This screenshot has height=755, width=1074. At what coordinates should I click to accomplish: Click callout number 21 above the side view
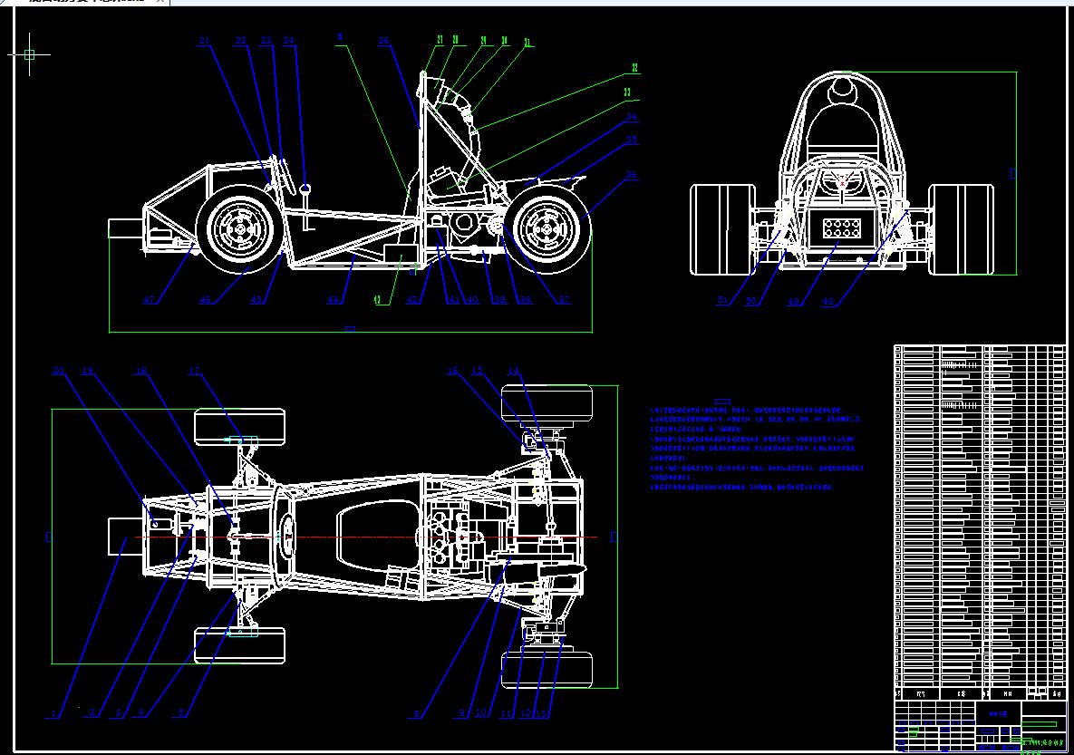point(204,41)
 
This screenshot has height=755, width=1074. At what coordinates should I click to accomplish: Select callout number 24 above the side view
point(289,41)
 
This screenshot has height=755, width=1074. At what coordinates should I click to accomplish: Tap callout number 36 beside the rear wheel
point(632,175)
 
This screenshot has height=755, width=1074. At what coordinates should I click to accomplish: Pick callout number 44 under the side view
point(334,300)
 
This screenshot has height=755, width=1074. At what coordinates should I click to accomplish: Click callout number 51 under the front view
point(722,301)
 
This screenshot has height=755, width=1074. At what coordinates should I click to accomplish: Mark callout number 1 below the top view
point(53,714)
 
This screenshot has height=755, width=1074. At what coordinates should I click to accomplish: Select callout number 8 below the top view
point(417,714)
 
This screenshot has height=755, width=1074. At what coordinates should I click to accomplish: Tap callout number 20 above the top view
point(59,370)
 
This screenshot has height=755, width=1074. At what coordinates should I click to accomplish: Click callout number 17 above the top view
point(194,370)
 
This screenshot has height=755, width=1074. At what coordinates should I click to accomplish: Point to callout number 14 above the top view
point(513,370)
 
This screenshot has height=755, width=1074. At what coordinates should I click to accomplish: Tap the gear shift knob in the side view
point(306,189)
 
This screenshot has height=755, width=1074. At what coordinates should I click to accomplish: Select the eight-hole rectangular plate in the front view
point(838,230)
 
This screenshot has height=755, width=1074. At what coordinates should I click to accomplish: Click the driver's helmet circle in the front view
point(842,90)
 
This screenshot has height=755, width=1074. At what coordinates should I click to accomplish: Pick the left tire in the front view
point(722,228)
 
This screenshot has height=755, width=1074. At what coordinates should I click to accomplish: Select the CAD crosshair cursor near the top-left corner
point(29,54)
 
